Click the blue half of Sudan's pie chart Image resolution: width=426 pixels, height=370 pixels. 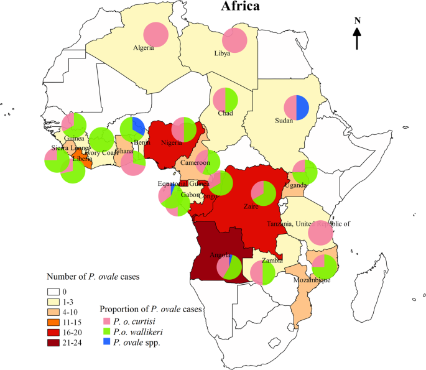tap(303, 108)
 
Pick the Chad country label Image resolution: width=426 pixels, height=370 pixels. tap(225, 113)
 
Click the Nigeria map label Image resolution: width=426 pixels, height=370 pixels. tap(171, 142)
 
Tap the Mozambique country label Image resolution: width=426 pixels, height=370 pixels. tap(315, 280)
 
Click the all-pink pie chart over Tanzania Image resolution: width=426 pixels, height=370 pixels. tap(322, 233)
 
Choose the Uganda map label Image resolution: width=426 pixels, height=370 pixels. tap(296, 185)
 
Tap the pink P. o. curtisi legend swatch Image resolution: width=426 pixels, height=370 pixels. tap(106, 321)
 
